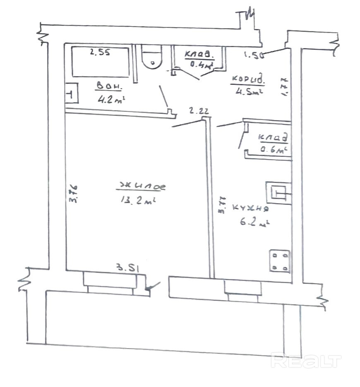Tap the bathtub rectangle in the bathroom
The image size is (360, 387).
click(100, 62)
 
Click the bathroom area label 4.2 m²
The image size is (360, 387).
click(111, 99)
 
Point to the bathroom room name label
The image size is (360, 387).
click(109, 87)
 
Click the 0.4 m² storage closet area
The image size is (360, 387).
click(201, 64)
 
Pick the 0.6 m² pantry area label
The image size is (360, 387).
click(274, 150)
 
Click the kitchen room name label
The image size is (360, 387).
click(251, 209)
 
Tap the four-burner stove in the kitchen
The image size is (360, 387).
click(280, 261)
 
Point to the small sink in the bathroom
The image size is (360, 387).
click(71, 94)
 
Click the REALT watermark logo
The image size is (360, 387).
click(306, 361)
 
